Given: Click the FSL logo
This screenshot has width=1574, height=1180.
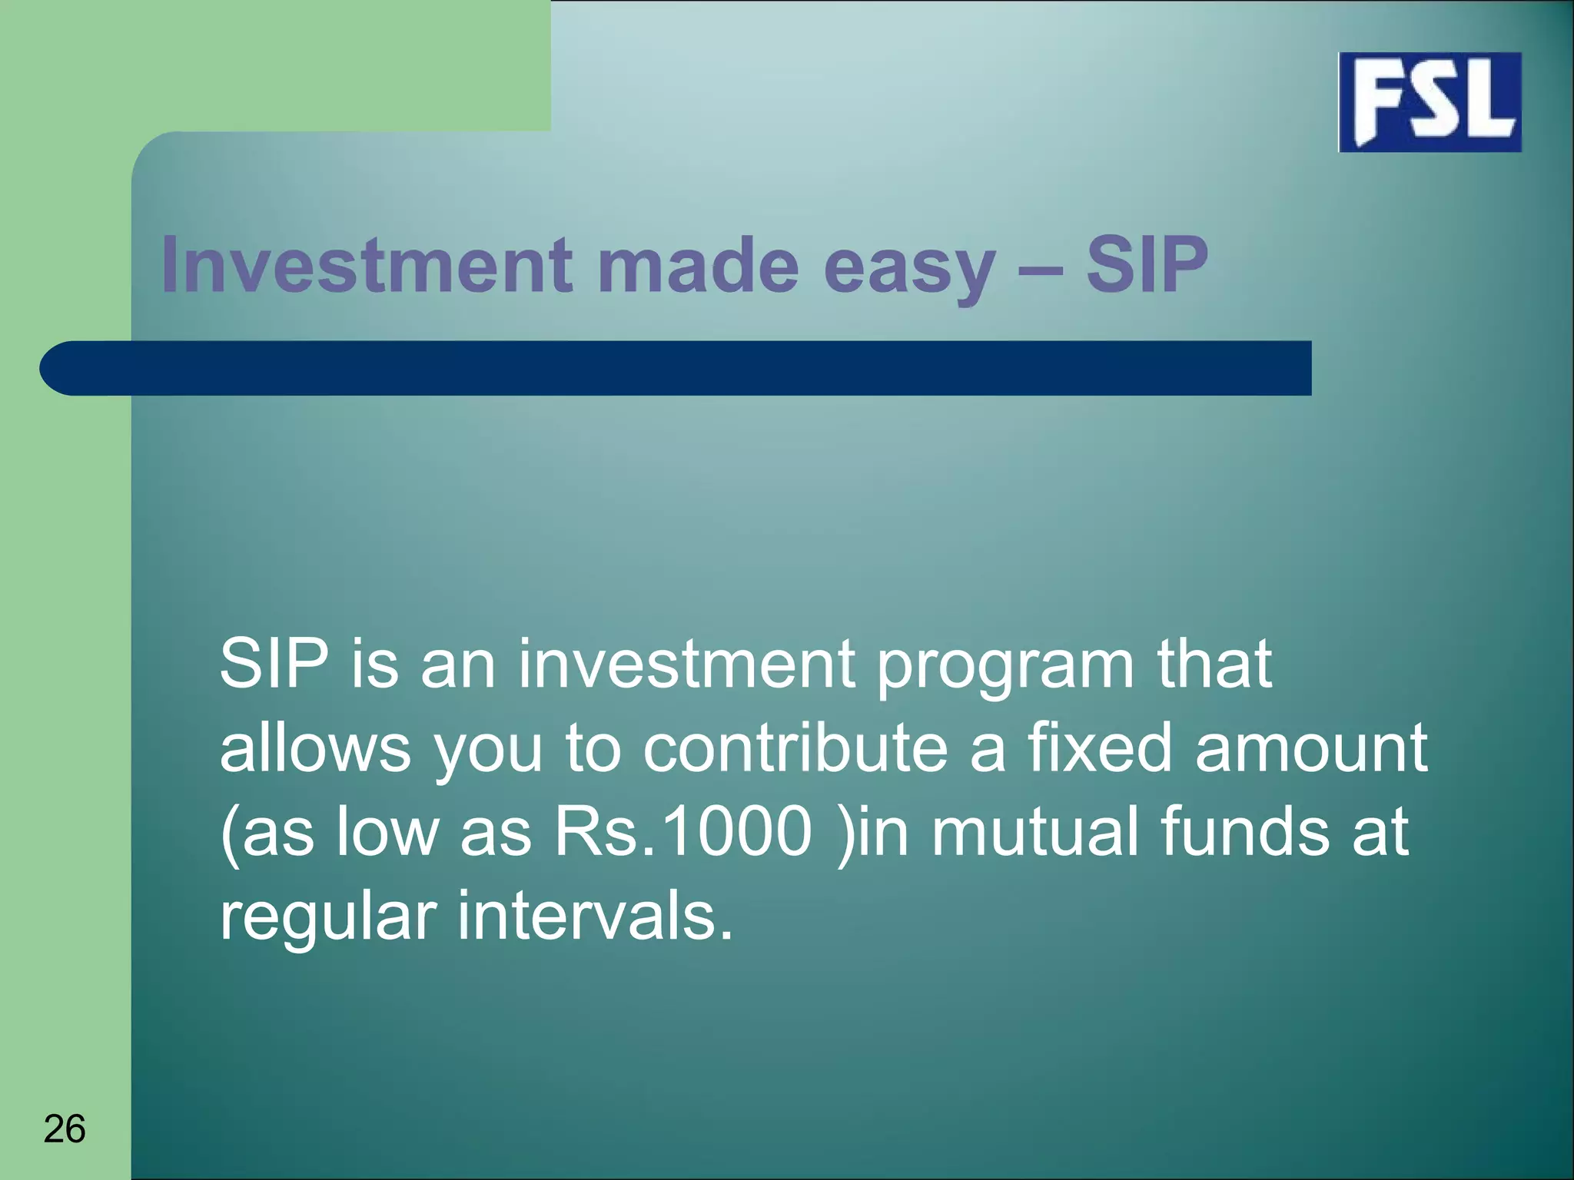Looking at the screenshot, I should point(1430,102).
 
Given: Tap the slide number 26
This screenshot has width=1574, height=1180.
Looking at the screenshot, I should point(65,1129).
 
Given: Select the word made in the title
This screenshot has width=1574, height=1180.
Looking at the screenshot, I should point(698,265).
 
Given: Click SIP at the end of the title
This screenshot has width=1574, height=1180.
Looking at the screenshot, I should point(1147,265).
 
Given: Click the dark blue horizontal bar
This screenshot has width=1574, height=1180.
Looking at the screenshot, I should point(676,368).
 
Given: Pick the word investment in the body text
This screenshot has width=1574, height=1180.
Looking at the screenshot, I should point(686,664).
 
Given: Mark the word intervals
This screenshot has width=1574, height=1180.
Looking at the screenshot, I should point(596,916).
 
